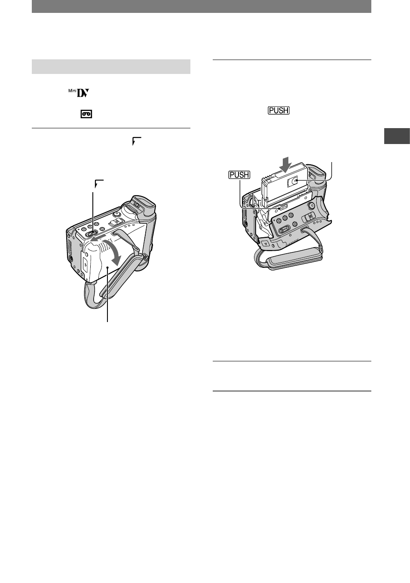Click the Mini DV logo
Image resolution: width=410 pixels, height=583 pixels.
[x=79, y=93]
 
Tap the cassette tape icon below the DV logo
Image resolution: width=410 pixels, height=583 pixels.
[x=86, y=114]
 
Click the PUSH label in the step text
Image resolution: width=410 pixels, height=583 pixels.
[x=278, y=110]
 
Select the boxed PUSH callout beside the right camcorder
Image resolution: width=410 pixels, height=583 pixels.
[x=239, y=175]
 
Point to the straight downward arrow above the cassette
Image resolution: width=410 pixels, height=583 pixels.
[x=286, y=165]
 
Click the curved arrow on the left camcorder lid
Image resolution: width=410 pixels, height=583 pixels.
[x=114, y=250]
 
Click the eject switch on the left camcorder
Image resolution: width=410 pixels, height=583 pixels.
[x=90, y=233]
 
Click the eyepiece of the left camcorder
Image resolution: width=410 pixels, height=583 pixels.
[x=143, y=206]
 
